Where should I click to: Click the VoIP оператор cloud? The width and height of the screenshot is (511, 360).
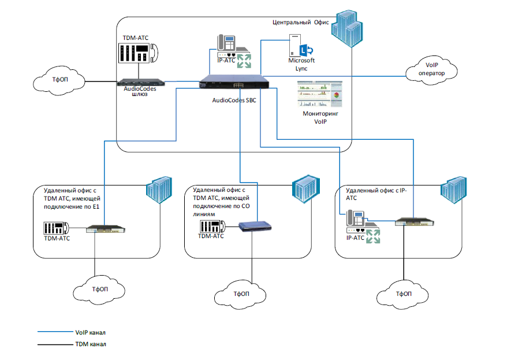[x=435, y=68]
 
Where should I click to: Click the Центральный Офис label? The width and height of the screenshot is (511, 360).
[x=300, y=22]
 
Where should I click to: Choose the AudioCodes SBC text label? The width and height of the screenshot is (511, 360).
[x=234, y=100]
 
